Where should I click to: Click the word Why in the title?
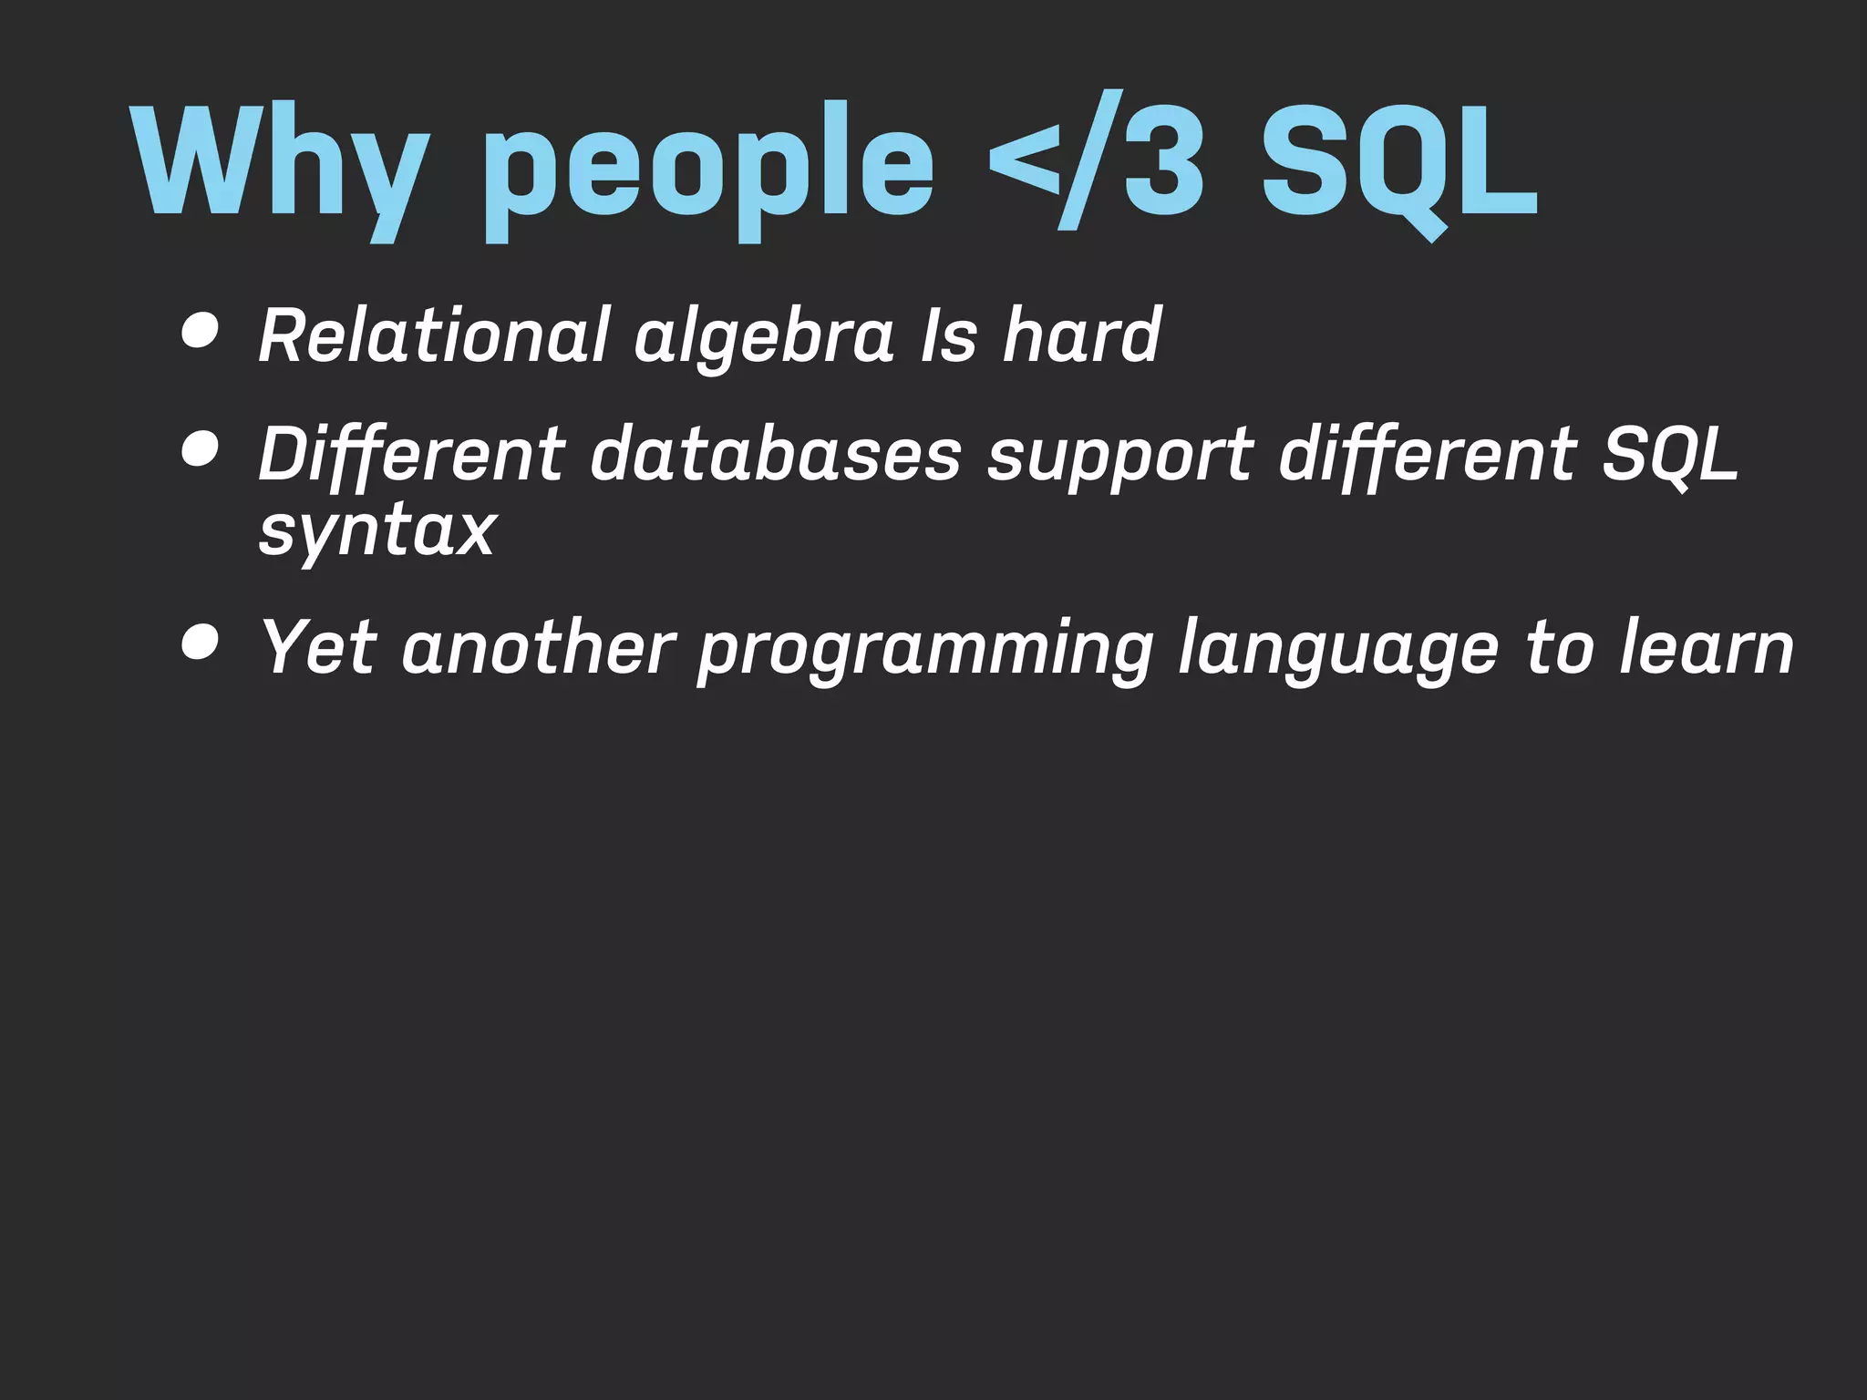(x=278, y=164)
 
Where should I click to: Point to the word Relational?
(x=433, y=335)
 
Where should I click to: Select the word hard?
(x=1081, y=335)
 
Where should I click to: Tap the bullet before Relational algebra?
(x=200, y=332)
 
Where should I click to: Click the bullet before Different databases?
(x=200, y=449)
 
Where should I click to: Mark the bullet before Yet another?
(x=200, y=643)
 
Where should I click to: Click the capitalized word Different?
(x=411, y=453)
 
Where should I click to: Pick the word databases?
(x=776, y=453)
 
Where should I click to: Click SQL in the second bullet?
(x=1670, y=453)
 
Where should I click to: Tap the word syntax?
(x=377, y=532)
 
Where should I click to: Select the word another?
(x=538, y=646)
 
